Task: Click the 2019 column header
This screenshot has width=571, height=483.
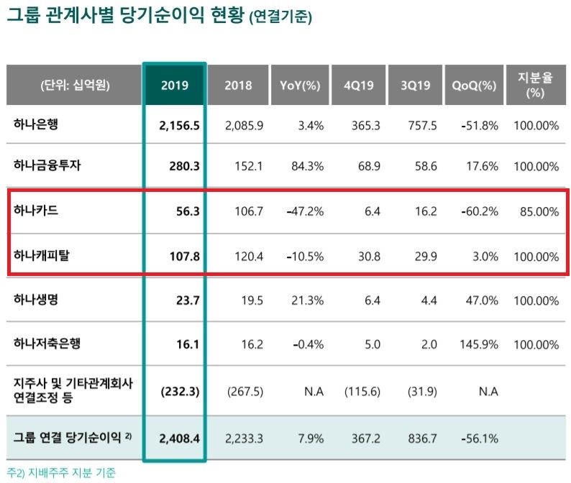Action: coord(175,85)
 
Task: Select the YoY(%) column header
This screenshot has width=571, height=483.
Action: coord(299,85)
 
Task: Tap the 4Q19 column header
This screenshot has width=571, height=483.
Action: coord(357,85)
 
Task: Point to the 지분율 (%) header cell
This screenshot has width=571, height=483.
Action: coord(534,84)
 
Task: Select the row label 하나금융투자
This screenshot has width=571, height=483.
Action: coord(47,165)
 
